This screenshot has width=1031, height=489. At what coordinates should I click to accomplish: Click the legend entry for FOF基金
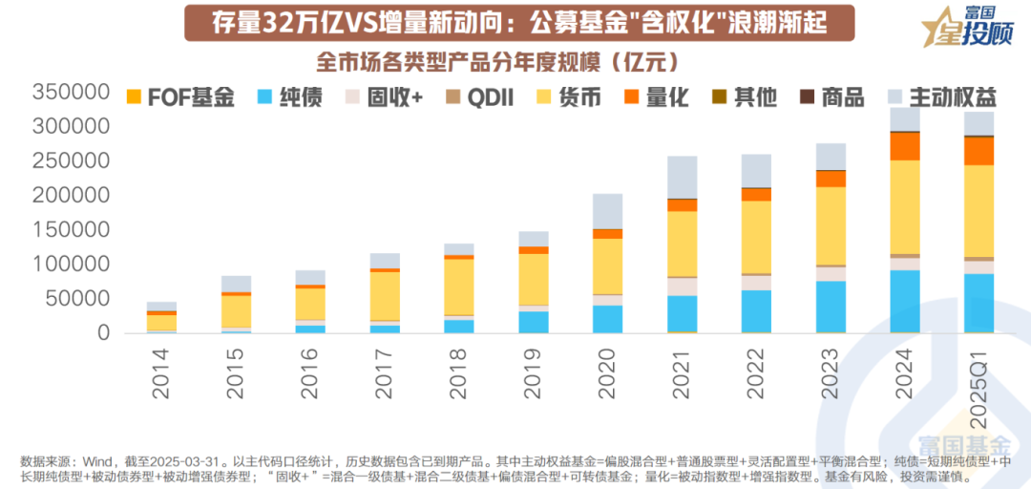[x=181, y=97]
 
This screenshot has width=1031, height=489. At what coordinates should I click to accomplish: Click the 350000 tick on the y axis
[x=69, y=93]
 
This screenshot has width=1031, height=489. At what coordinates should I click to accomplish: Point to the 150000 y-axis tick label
[x=69, y=230]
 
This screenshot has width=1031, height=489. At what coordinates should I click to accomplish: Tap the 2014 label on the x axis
[x=161, y=368]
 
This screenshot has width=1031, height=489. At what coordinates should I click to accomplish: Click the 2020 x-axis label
[x=607, y=368]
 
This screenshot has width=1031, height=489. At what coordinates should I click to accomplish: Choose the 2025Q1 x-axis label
[x=978, y=376]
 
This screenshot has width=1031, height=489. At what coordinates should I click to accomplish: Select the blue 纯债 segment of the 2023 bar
[x=831, y=307]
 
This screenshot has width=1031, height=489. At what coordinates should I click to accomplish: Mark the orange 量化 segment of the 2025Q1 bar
[x=978, y=151]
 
